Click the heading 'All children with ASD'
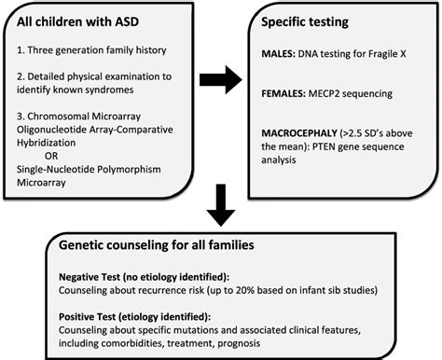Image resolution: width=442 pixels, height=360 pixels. [83, 21]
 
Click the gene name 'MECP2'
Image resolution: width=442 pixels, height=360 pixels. [338, 94]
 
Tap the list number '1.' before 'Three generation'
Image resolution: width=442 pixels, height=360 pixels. [25, 47]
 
